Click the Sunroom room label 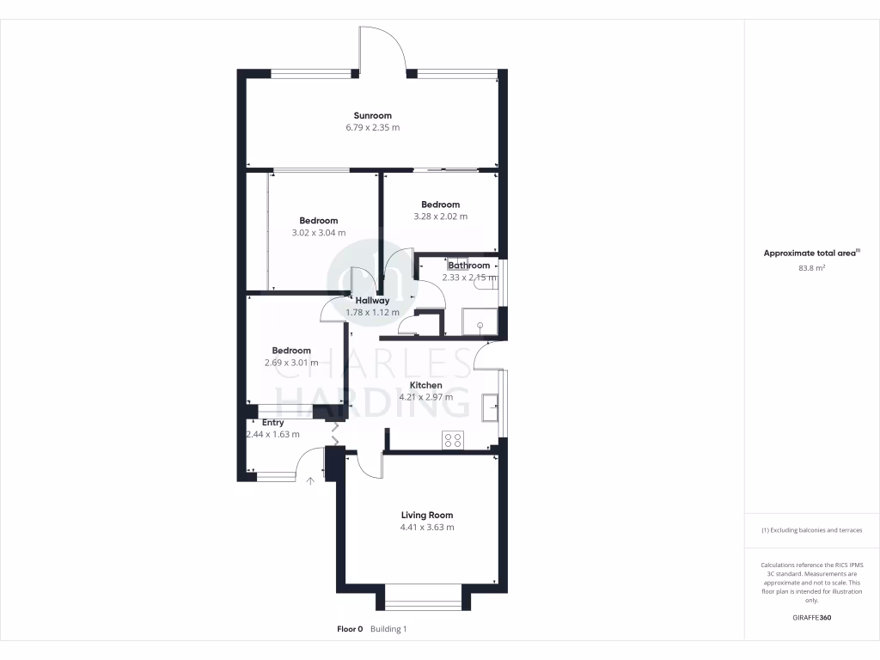pyautogui.click(x=373, y=116)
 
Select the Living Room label pyautogui.click(x=427, y=516)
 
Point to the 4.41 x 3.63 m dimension pyautogui.click(x=427, y=528)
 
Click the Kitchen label pyautogui.click(x=425, y=385)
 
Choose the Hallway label pyautogui.click(x=373, y=301)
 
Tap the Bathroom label pyautogui.click(x=468, y=266)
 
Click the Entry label pyautogui.click(x=273, y=423)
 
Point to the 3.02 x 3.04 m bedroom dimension pyautogui.click(x=318, y=233)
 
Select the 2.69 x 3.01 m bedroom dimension pyautogui.click(x=290, y=363)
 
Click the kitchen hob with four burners pyautogui.click(x=453, y=440)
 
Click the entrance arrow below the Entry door pyautogui.click(x=311, y=480)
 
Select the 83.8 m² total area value pyautogui.click(x=811, y=267)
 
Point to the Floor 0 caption pyautogui.click(x=350, y=629)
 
